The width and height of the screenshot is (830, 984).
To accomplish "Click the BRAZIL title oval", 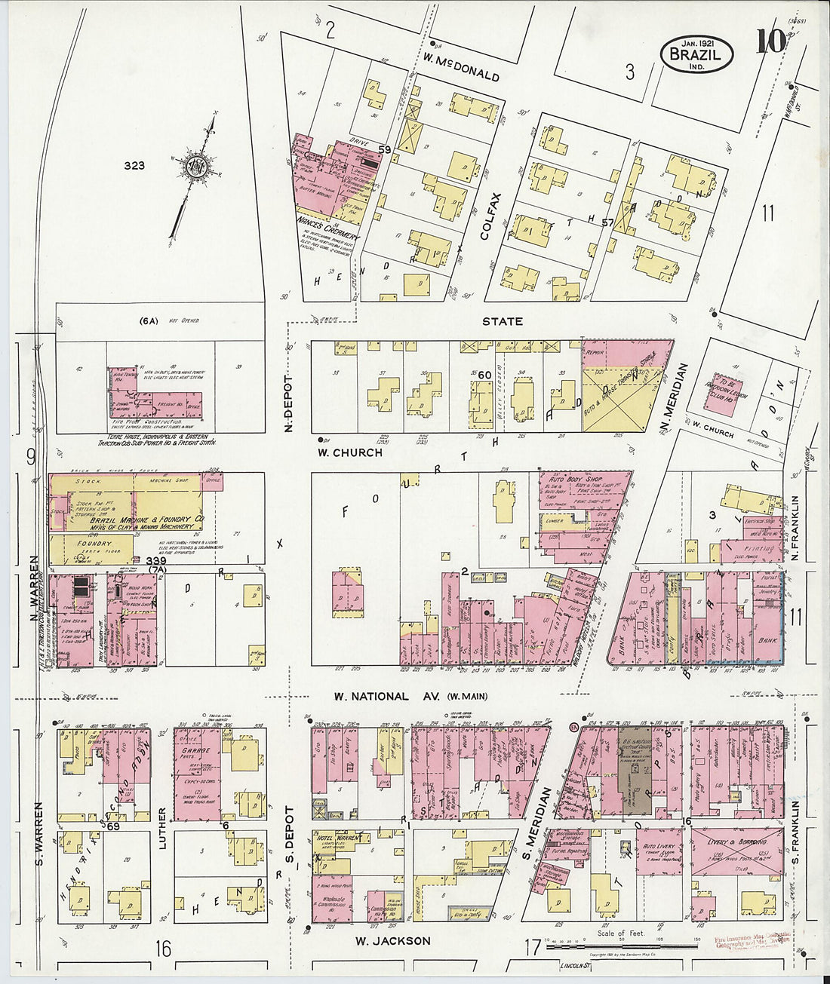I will click(x=697, y=53).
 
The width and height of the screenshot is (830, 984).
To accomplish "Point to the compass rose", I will click(x=196, y=165).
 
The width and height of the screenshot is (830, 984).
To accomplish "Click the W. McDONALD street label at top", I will click(x=461, y=77).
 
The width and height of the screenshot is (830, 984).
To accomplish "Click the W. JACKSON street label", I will click(x=392, y=940).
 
